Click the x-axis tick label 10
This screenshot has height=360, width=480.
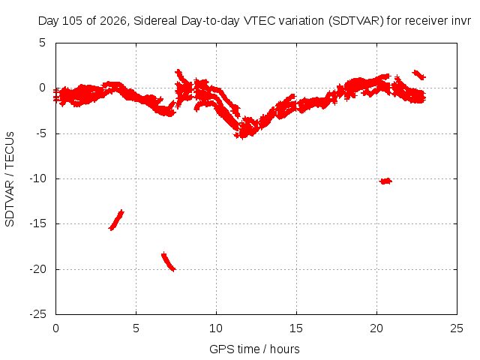(216, 328)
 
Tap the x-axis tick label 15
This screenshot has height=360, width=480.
(296, 328)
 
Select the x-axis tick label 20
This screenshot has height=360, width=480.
(376, 328)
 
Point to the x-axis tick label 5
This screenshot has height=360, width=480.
(136, 328)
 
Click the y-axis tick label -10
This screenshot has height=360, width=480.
(37, 178)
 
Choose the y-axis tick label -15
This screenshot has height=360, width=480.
(37, 223)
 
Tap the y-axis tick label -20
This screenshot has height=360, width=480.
(37, 269)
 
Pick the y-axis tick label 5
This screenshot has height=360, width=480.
(42, 43)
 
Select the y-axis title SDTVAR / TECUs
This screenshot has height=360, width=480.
(10, 179)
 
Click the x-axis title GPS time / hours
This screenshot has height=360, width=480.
(254, 349)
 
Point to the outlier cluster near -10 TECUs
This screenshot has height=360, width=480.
(385, 181)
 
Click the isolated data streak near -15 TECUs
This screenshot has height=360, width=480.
(116, 220)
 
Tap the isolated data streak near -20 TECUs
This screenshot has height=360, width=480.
(168, 262)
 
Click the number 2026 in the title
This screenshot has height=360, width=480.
(113, 21)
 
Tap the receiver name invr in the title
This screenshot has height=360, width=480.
(461, 21)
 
